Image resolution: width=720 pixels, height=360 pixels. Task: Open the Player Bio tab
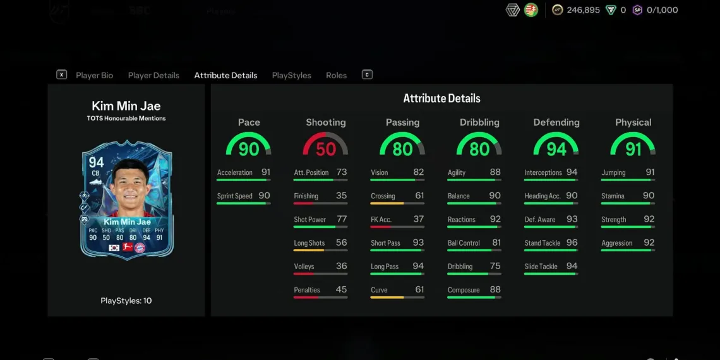(94, 75)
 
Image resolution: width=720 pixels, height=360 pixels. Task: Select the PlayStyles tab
(291, 75)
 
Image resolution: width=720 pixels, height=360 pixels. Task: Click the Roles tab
(336, 75)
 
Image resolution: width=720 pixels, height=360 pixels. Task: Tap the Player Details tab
(153, 75)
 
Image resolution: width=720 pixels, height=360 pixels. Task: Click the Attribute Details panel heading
(441, 99)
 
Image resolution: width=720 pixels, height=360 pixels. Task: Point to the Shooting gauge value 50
(326, 149)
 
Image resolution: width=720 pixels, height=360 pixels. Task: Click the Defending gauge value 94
(556, 149)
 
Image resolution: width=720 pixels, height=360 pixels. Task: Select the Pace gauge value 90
(249, 149)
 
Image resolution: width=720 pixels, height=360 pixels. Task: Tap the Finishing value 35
(341, 196)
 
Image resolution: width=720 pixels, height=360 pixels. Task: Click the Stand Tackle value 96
(572, 243)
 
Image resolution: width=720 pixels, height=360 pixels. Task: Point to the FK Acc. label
(381, 220)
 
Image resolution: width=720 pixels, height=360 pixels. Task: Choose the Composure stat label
(464, 290)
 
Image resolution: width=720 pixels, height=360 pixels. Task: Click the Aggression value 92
(649, 243)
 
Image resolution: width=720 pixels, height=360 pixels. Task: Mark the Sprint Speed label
(234, 196)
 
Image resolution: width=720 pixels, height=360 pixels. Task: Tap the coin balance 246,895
(583, 10)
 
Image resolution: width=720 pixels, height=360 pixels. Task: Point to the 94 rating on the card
(96, 163)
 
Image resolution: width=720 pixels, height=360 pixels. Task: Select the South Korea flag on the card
(114, 248)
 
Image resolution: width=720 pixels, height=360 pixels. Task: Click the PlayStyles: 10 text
(126, 301)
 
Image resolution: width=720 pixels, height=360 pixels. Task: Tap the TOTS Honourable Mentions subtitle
(126, 118)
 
